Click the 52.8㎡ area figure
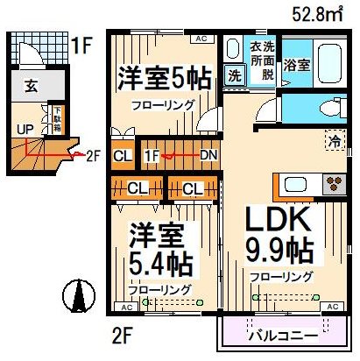pos(320,14)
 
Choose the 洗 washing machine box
pos(235,75)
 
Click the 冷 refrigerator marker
pos(334,140)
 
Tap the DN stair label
pos(208,156)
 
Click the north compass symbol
pos(80,296)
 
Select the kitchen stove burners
pos(333,185)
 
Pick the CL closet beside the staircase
pos(123,156)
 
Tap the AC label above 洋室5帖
pos(201,39)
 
